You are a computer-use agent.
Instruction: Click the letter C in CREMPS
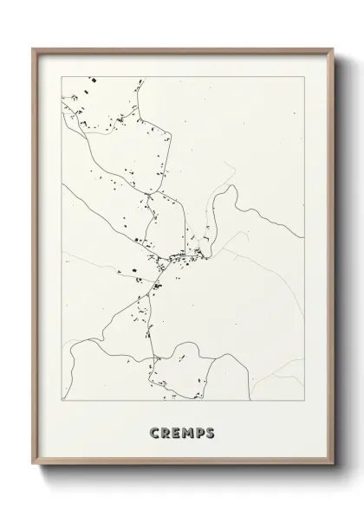click(153, 432)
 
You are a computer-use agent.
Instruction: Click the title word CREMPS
click(182, 432)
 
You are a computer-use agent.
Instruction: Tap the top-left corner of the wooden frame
click(34, 48)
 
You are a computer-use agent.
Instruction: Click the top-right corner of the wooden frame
click(330, 48)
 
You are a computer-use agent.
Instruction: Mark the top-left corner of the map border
click(62, 75)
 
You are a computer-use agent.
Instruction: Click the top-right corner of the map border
click(302, 75)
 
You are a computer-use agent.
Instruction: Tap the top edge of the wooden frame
click(182, 49)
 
